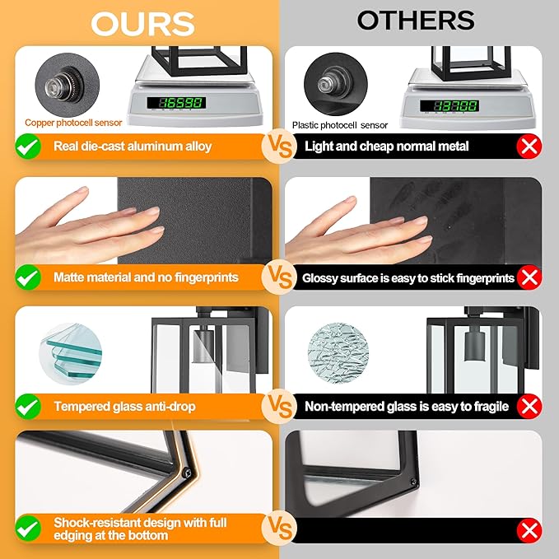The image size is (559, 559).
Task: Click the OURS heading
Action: coord(142,24)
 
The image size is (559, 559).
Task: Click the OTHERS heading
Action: coord(416,21)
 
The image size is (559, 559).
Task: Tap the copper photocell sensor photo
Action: coord(67,85)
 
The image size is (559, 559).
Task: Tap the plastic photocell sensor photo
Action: coord(336,84)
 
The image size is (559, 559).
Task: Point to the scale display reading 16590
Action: coord(176,103)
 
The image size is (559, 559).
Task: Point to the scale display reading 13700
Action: coord(450,105)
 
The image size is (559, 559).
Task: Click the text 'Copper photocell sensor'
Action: coord(73,123)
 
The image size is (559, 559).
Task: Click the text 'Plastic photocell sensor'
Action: coord(340,125)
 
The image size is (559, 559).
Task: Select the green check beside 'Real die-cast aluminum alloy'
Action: coord(28,147)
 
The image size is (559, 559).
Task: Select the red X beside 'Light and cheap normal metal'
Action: coord(529,147)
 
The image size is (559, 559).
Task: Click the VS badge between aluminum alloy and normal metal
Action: coord(280,147)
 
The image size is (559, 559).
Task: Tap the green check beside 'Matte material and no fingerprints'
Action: coord(28,277)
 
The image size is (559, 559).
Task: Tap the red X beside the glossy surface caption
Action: coord(529,277)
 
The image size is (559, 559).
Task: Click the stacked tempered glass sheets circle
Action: coord(71,354)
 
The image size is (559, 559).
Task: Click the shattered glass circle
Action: coord(338,353)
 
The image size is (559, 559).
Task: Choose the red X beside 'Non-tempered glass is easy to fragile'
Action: coord(529,407)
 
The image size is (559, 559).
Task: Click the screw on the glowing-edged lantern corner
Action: coord(187,473)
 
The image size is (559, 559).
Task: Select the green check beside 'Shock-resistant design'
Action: coord(28,529)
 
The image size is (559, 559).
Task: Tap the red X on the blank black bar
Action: coord(529,530)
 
